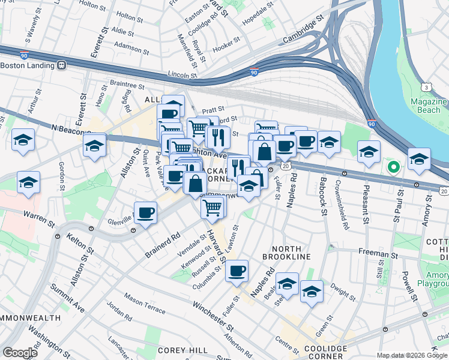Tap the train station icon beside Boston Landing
[x=61, y=65]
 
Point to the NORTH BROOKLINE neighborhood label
[x=291, y=257]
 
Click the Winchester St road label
[x=213, y=315]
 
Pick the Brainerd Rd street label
[x=162, y=246]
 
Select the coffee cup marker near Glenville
[x=145, y=212]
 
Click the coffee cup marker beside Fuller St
[x=237, y=270]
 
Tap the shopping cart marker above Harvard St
[x=212, y=208]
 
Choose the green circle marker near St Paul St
[x=393, y=167]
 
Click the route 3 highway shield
[x=426, y=88]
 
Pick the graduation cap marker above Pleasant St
[x=369, y=152]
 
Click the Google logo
[x=20, y=353]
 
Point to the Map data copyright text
[x=412, y=355]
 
